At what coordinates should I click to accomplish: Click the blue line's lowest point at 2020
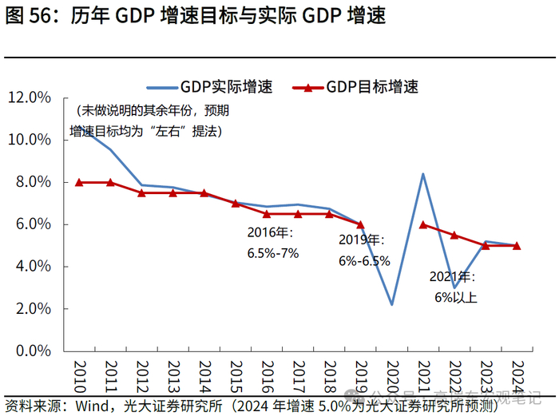pos(391,304)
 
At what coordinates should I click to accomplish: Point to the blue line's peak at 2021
pos(422,174)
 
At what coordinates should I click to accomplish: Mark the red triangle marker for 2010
pos(79,182)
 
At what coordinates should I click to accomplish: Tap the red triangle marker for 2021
pos(422,224)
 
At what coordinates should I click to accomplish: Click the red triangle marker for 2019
pos(360,224)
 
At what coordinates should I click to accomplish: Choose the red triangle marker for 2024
pos(517,245)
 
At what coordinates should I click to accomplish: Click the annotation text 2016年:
pos(271,234)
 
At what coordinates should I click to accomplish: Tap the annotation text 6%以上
pos(456,298)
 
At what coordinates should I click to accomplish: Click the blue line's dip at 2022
pos(454,287)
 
